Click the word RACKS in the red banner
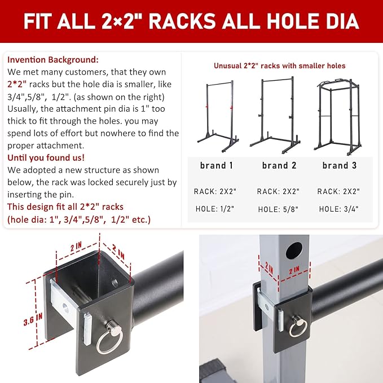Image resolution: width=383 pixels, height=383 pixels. [182, 21]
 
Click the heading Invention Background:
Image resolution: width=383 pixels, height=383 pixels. [53, 60]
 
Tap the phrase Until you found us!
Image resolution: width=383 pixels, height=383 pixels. [46, 158]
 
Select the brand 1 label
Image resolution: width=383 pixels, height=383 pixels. [217, 165]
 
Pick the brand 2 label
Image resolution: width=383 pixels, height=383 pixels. [279, 165]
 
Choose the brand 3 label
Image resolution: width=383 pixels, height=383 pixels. [340, 165]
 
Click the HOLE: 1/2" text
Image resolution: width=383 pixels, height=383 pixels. [215, 209]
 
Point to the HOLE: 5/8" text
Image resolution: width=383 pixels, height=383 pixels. [278, 209]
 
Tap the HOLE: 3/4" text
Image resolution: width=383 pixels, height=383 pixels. [339, 209]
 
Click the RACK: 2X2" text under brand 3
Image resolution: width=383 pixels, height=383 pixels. [338, 191]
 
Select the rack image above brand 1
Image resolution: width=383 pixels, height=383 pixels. [218, 116]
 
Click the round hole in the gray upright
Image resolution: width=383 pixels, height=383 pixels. [294, 250]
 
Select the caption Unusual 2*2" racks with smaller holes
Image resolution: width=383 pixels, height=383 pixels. [279, 65]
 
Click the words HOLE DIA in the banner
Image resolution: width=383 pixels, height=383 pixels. [313, 21]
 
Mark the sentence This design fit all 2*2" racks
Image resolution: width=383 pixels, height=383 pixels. [65, 207]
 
